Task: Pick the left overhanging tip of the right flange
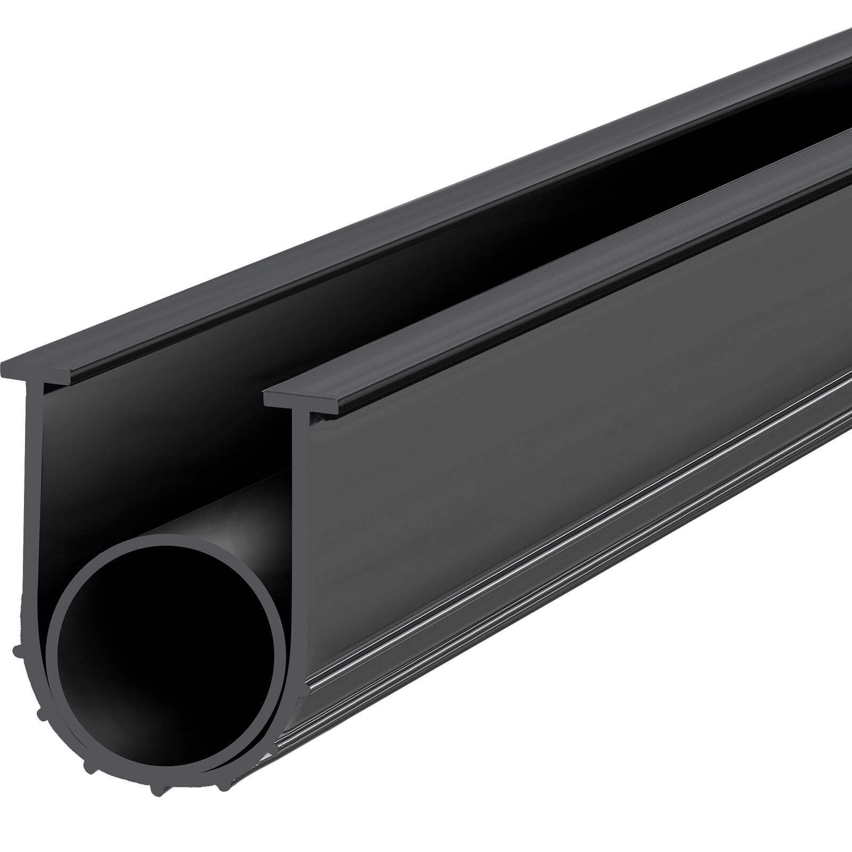click(x=266, y=394)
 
